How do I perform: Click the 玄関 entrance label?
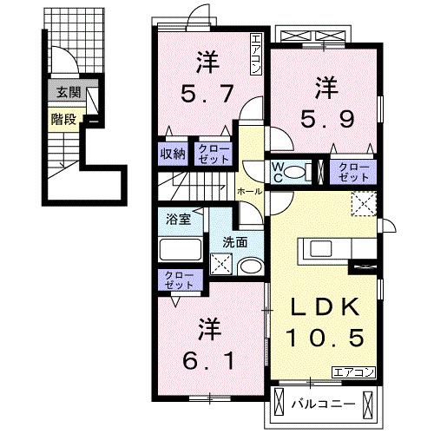(x=63, y=92)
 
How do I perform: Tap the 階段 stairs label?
(x=62, y=119)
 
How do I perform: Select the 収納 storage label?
(x=173, y=154)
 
